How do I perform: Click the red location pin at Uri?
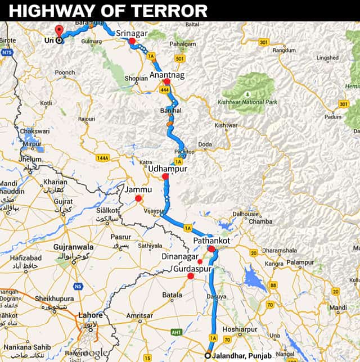point(60,31)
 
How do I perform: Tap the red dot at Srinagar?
point(132,41)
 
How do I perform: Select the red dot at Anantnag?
point(166,82)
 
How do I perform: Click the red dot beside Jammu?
point(138,198)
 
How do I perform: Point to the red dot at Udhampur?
point(165,177)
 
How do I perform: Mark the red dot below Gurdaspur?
point(190,276)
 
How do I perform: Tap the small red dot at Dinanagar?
point(200,261)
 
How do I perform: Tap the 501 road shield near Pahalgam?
point(179,58)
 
